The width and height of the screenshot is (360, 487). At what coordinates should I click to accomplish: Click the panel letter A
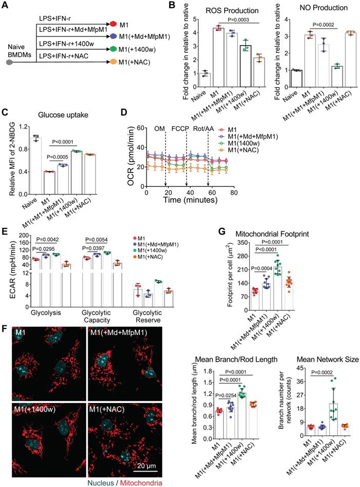7,6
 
